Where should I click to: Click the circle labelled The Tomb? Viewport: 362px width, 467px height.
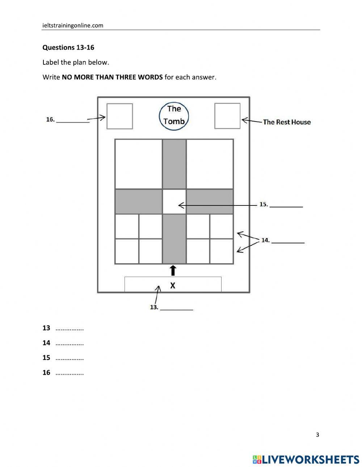(x=174, y=115)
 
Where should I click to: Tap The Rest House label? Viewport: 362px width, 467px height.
(x=287, y=122)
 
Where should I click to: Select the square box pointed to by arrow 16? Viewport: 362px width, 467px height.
(x=119, y=116)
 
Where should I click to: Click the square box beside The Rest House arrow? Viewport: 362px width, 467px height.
(x=227, y=116)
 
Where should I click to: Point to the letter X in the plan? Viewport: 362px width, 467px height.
(x=173, y=285)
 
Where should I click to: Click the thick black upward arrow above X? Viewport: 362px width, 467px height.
(x=173, y=270)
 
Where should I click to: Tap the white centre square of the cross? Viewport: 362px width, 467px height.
(x=174, y=201)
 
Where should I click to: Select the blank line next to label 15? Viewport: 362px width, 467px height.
(x=286, y=207)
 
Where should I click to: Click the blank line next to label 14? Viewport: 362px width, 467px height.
(x=288, y=242)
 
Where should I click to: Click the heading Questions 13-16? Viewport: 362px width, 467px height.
(x=68, y=47)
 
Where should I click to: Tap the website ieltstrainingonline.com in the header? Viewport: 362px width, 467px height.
(x=73, y=25)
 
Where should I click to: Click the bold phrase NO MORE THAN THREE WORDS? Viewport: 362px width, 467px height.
(x=112, y=77)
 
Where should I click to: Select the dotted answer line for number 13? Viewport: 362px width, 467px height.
(x=70, y=329)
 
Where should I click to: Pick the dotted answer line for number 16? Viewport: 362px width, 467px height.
(x=70, y=373)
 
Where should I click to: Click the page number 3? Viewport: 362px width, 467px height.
(x=317, y=435)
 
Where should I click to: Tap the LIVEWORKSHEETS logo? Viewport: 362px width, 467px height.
(x=306, y=459)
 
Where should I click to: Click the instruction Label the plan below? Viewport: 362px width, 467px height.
(x=76, y=62)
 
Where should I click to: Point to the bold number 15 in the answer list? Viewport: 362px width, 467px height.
(x=46, y=358)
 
